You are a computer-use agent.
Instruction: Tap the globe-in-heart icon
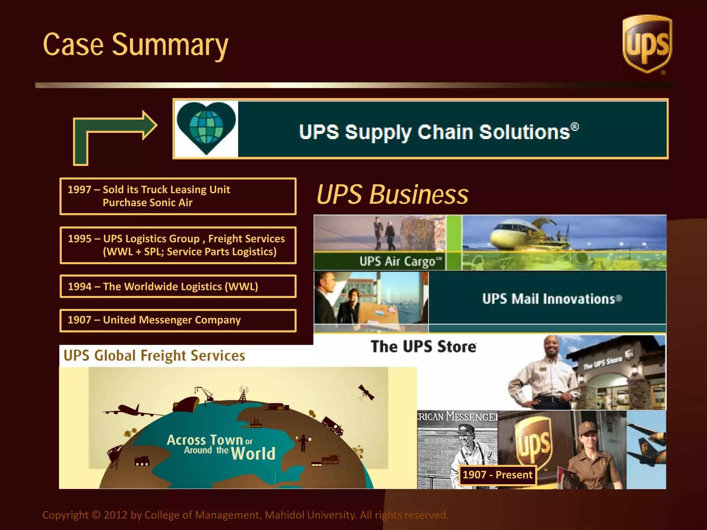206,128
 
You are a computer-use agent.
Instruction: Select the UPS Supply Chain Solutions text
438,132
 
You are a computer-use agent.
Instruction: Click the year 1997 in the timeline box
79,190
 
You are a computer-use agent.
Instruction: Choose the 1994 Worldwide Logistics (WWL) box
178,286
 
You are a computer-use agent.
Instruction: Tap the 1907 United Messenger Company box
178,320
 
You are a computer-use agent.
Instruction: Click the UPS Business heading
393,195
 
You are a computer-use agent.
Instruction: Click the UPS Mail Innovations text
552,299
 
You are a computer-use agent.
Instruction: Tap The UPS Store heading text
424,347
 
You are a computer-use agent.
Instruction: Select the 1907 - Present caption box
497,475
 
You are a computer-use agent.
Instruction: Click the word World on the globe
253,453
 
